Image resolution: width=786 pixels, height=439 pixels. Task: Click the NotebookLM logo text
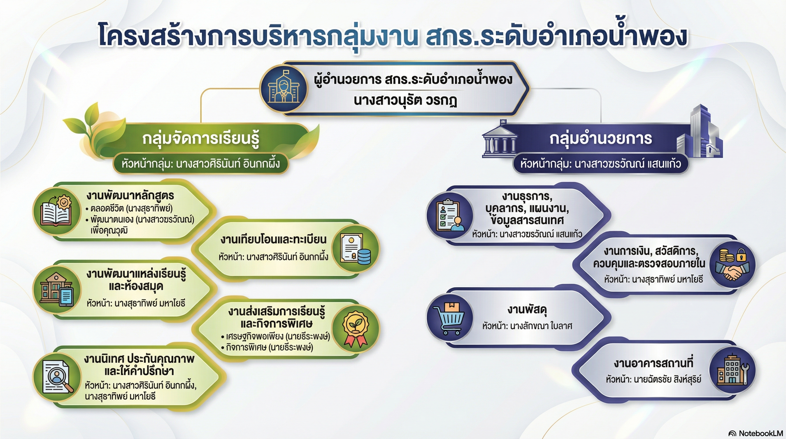756,433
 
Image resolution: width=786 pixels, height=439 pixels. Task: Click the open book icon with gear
56,211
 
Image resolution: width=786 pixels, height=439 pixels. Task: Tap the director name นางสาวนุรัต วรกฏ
406,100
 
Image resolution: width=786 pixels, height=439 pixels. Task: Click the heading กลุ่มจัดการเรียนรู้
201,139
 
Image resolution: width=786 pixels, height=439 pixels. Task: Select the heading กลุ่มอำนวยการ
600,138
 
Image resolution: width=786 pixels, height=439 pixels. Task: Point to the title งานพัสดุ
527,310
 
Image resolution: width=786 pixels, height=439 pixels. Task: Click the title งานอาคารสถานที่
653,363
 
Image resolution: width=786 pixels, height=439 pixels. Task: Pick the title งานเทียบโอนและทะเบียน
273,240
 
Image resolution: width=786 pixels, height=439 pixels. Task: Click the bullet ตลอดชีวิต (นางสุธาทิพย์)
129,209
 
